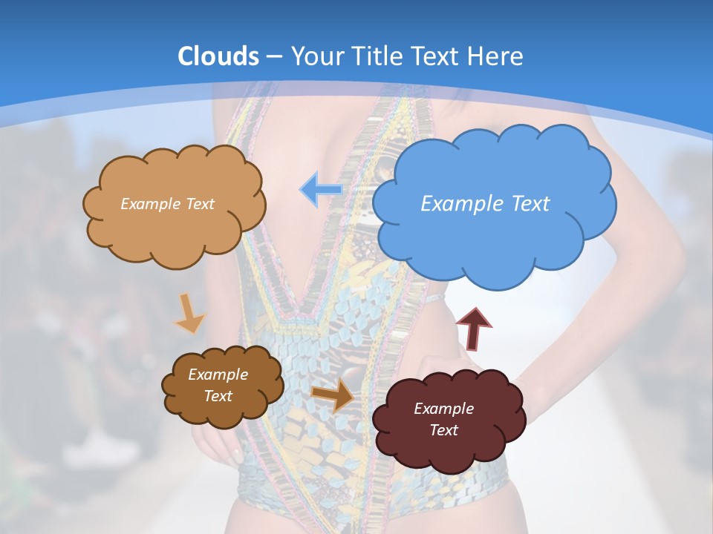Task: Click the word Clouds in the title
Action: coord(218,56)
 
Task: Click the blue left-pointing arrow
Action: coord(320,189)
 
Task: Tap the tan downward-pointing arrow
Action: coord(189,314)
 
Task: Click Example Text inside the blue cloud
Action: coord(485,204)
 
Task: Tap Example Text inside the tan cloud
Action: coord(167,204)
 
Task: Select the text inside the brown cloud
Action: coord(218,386)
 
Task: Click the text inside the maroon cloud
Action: coord(443,419)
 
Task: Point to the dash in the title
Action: coord(274,57)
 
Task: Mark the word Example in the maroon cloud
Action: coord(443,409)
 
